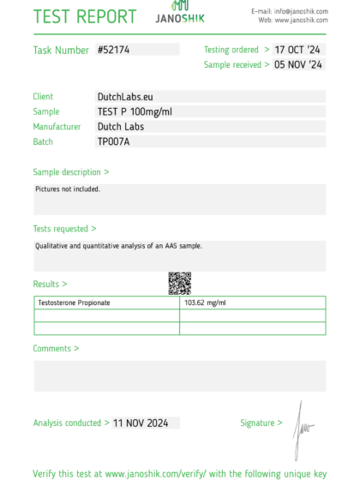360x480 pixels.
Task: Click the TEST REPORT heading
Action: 85,16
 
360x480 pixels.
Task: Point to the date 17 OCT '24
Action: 298,50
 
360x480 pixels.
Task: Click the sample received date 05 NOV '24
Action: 298,64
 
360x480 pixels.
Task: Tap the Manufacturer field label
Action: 57,127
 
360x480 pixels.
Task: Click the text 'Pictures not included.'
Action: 68,189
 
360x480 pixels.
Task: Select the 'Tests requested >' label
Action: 64,229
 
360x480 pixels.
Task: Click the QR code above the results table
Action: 179,283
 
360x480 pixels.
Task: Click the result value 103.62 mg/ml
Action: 205,303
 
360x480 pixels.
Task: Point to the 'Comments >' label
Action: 56,349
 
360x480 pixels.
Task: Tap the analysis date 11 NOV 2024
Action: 146,423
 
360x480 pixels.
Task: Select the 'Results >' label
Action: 50,284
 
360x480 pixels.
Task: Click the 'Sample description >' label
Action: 71,172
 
